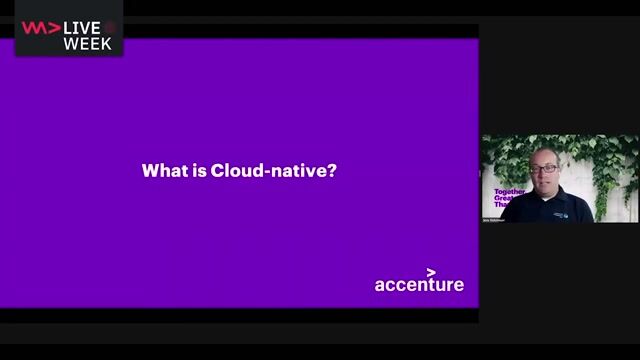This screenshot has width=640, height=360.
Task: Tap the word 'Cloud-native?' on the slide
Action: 274,171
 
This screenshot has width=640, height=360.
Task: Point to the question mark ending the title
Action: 332,171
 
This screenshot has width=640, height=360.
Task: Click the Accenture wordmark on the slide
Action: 419,285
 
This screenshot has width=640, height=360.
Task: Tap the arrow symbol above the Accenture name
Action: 431,271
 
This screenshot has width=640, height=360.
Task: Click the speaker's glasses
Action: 546,168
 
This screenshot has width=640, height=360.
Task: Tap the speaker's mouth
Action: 547,181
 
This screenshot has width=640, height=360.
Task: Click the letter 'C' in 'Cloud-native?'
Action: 217,171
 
